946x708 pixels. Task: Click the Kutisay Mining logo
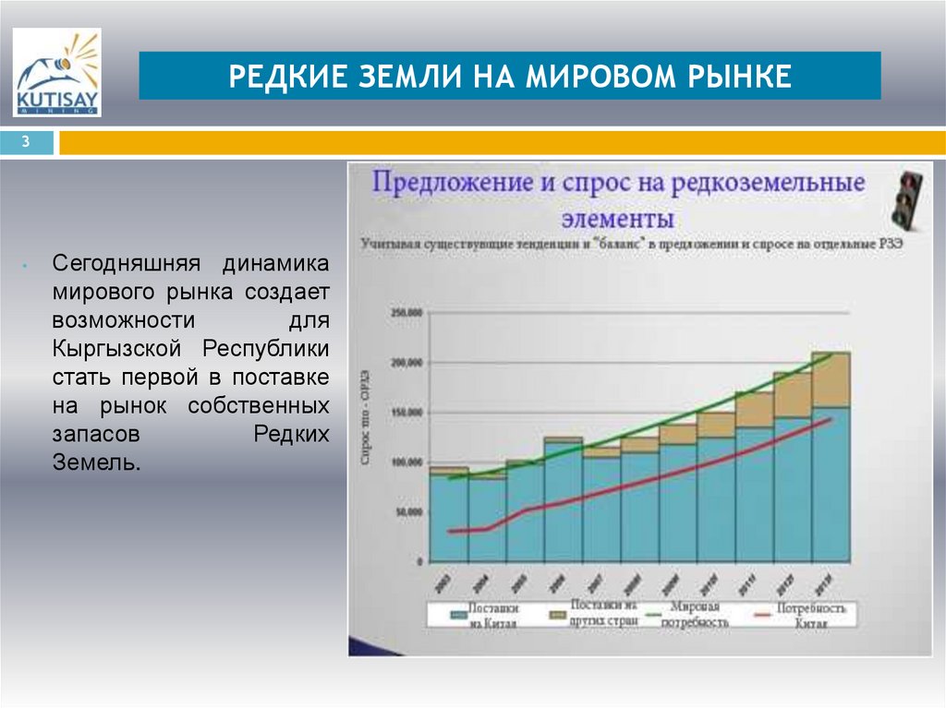coord(57,73)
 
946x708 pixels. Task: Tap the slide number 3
coord(27,142)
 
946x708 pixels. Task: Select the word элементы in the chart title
coord(617,220)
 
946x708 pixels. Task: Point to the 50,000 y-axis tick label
coord(406,511)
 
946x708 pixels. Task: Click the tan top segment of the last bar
coord(831,379)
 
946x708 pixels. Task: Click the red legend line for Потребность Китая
coord(762,614)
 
